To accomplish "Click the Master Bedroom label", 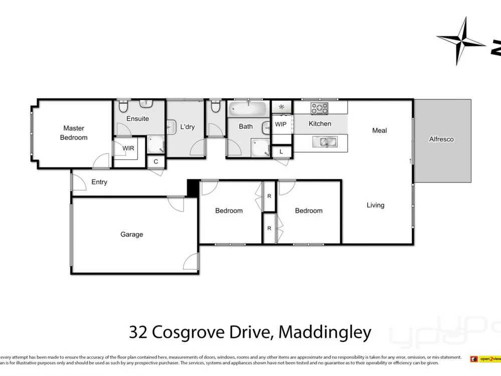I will coord(74,133).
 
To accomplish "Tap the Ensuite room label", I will coord(137,119).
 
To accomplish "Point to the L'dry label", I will coord(187,127).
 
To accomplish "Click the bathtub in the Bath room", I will coord(248,108).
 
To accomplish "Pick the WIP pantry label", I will coord(281,124).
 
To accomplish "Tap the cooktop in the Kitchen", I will coord(319,108).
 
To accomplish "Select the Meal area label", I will coord(379,130).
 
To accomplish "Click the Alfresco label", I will coord(441,139).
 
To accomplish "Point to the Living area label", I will coord(375,205).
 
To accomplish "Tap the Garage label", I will coord(131,234).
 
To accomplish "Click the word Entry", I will coord(99,182).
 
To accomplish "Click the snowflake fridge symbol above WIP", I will coord(282,107).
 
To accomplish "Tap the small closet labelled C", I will coord(156,161).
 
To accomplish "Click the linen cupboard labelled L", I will coord(281,151).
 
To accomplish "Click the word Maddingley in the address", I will coord(325,332).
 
